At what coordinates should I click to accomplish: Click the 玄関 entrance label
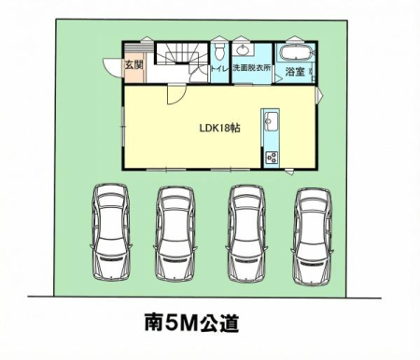pos(133,65)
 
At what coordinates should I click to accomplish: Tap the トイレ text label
pos(220,69)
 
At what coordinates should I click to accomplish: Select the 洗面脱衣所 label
pos(252,68)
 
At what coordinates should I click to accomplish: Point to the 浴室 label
pos(295,72)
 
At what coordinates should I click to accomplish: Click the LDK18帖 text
pos(219,128)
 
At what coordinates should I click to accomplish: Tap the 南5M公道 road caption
pos(191,324)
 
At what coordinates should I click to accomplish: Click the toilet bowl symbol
pos(220,50)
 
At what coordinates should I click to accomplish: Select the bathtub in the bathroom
pos(297,53)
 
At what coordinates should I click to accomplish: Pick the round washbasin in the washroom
pos(243,49)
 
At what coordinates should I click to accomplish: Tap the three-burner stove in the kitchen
pos(271,157)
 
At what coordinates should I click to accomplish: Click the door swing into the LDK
pos(176,94)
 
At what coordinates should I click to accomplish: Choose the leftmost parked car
pos(111,231)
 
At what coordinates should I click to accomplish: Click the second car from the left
pos(175,234)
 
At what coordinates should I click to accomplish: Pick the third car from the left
pos(247,234)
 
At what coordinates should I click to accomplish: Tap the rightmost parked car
pos(313,236)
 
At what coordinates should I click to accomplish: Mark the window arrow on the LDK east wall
pos(319,94)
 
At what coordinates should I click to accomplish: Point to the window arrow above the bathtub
pos(294,39)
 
